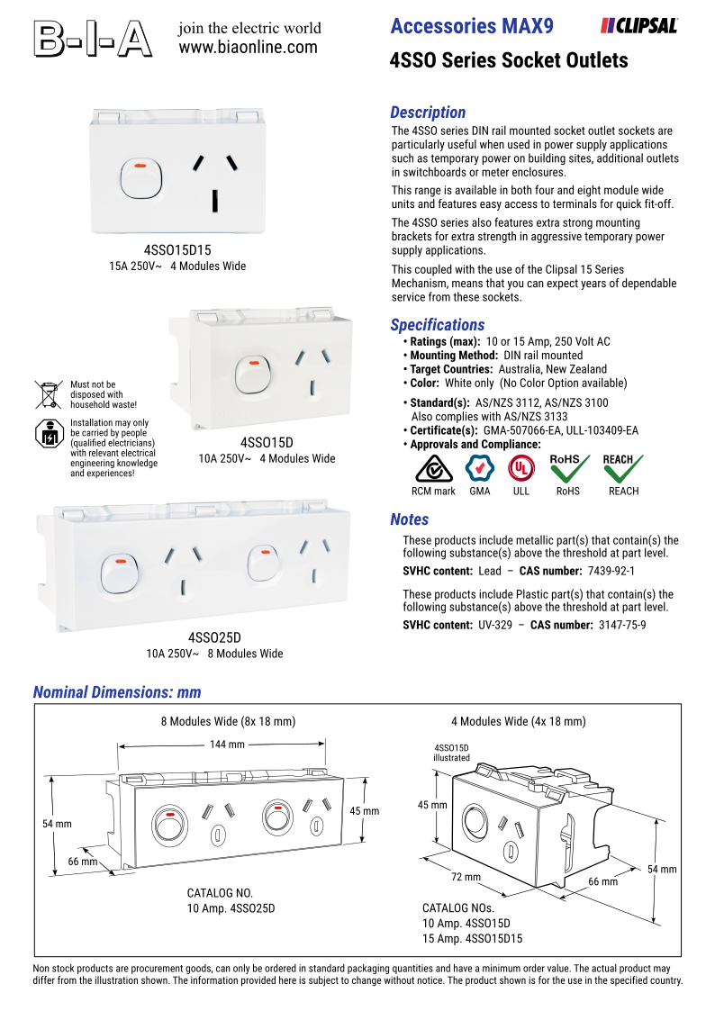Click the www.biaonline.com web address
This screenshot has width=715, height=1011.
pyautogui.click(x=249, y=47)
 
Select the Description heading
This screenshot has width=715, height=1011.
pyautogui.click(x=428, y=113)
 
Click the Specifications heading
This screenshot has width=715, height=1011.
pyautogui.click(x=438, y=325)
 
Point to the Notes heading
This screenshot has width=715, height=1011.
pyautogui.click(x=410, y=519)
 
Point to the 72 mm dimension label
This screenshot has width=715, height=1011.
pyautogui.click(x=466, y=877)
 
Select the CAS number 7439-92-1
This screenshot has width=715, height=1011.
pyautogui.click(x=611, y=571)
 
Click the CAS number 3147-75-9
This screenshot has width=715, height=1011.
pyautogui.click(x=622, y=625)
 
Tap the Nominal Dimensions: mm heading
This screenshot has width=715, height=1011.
pyautogui.click(x=117, y=692)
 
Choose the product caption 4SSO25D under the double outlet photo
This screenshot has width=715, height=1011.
pyautogui.click(x=214, y=637)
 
